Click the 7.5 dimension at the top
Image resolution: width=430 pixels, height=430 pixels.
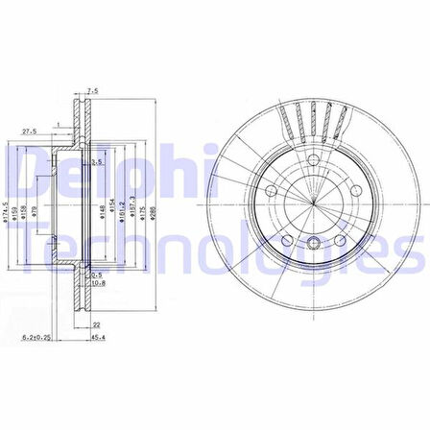(x=92, y=92)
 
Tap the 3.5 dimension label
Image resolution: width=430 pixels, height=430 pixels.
(x=97, y=164)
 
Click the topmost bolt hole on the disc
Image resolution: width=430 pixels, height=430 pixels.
(x=316, y=159)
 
